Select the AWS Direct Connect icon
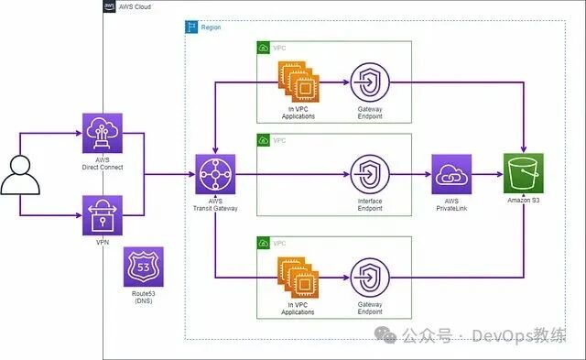pos(102,133)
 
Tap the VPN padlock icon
pos(102,215)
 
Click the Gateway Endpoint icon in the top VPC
pos(370,81)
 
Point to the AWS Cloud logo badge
pos(110,7)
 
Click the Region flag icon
pos(192,27)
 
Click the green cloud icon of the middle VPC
pos(264,140)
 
